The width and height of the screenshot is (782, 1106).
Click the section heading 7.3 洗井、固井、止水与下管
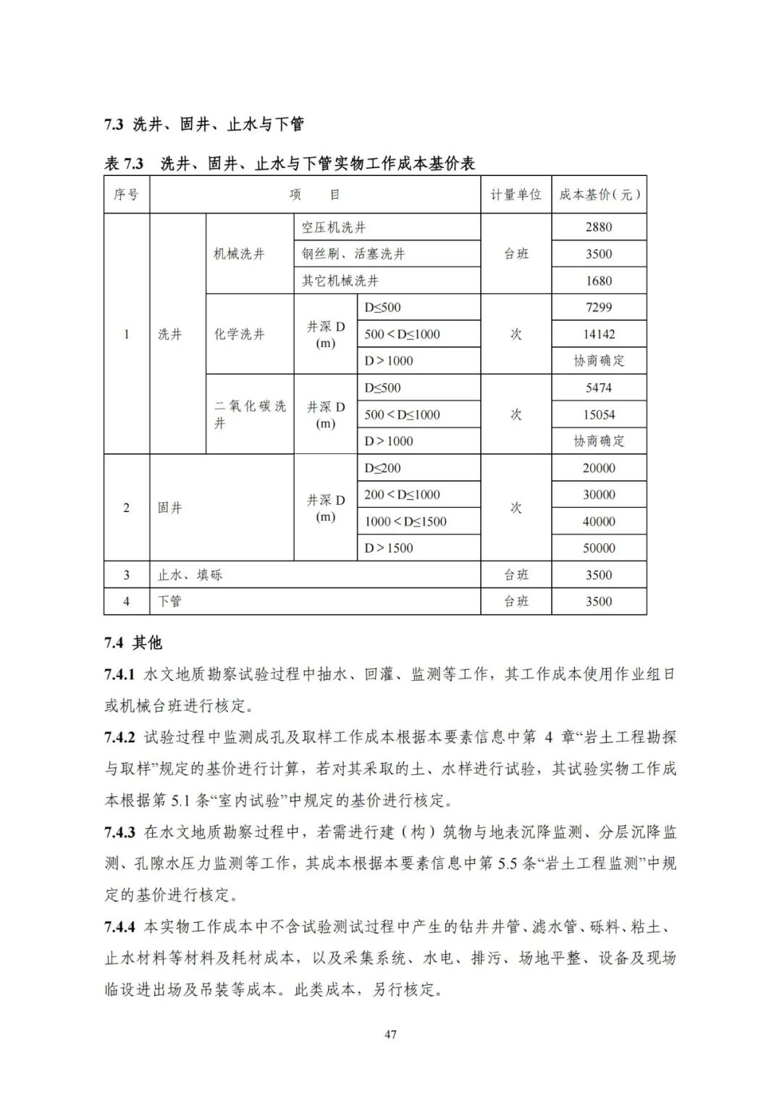(203, 124)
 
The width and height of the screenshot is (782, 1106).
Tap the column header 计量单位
(516, 194)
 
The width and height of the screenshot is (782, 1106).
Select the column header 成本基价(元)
(599, 194)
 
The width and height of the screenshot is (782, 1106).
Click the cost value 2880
(599, 227)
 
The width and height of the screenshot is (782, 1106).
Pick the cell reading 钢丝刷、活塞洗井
(353, 254)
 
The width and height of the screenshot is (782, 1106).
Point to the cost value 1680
(599, 280)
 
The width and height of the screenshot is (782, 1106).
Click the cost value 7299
(599, 307)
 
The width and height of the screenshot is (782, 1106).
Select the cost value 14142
(599, 334)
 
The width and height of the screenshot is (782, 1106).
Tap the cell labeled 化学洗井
(239, 334)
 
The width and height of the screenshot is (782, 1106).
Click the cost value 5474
(599, 387)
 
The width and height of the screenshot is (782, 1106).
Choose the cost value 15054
(599, 414)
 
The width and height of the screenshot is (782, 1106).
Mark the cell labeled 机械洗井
(239, 254)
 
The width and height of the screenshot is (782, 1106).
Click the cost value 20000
(599, 468)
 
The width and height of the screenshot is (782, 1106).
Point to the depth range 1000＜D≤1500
(405, 521)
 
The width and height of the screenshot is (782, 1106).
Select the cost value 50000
(599, 548)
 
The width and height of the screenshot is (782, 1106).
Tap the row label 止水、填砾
(190, 575)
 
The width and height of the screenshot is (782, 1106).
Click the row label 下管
(170, 601)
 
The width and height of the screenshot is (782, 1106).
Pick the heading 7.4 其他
(133, 642)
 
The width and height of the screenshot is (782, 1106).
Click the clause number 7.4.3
(120, 832)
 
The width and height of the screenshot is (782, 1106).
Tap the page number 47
(390, 1034)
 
